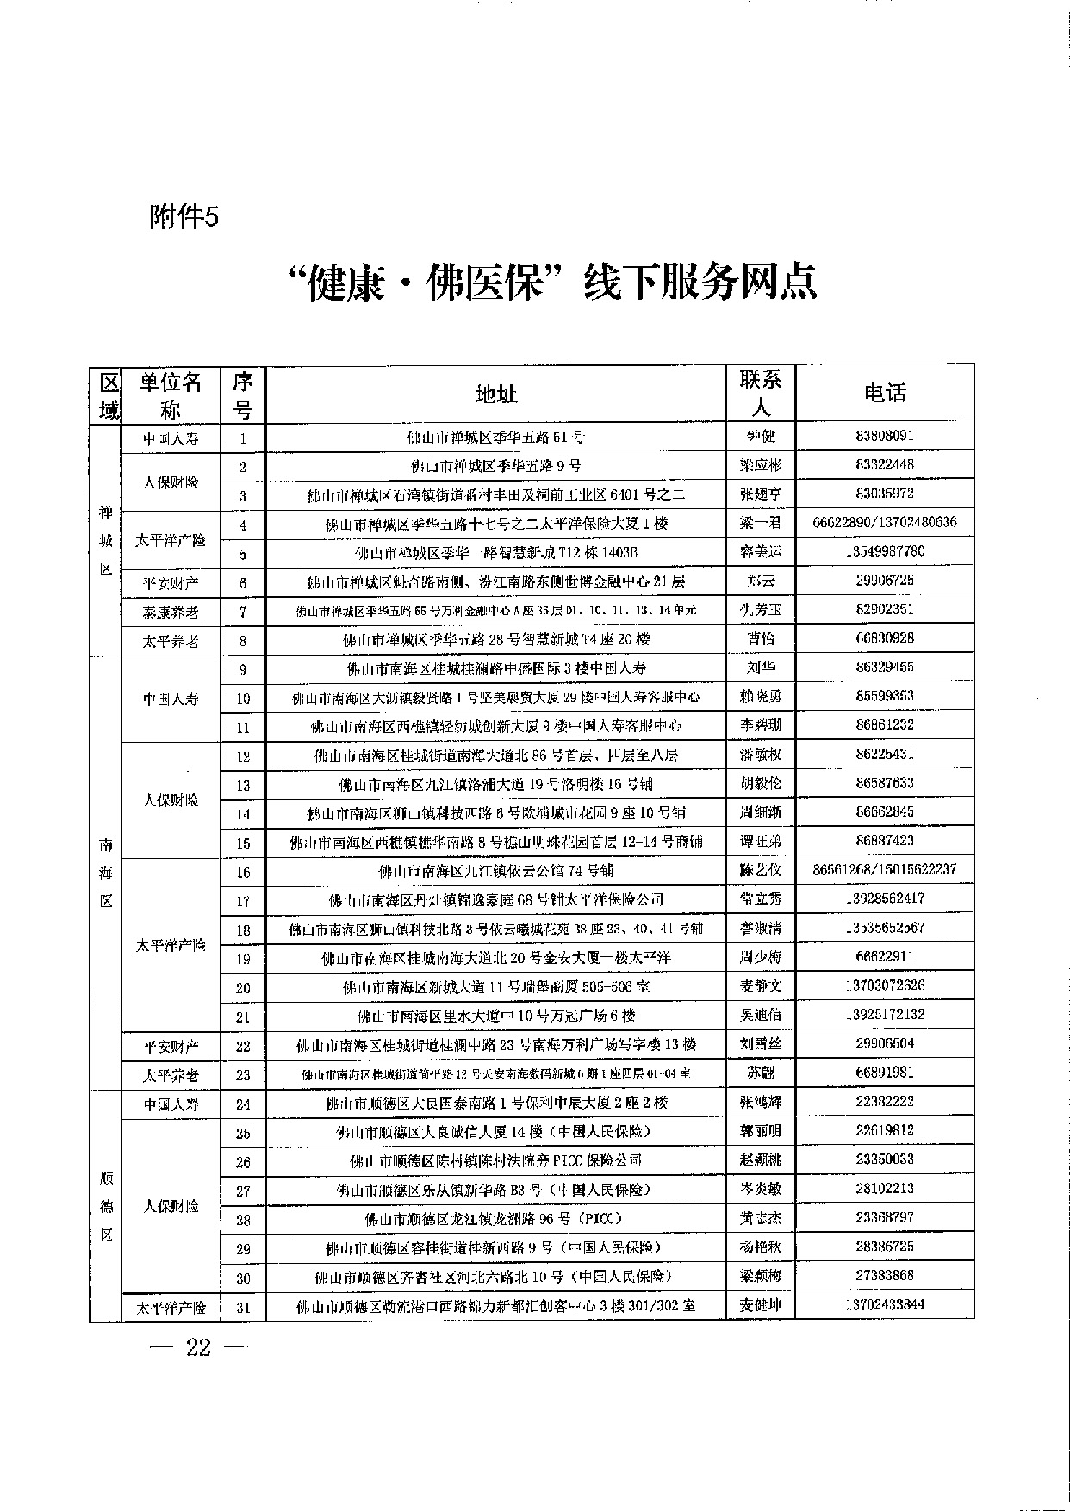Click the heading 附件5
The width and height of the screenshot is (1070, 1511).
[x=184, y=218]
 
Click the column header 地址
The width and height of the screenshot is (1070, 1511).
[x=496, y=395]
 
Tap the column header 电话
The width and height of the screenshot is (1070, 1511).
[x=885, y=394]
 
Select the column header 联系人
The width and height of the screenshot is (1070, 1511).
[x=761, y=394]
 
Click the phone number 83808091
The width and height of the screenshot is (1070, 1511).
[x=885, y=436]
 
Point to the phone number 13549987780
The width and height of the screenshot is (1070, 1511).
[x=885, y=551]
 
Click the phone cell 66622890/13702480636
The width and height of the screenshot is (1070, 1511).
[x=885, y=523]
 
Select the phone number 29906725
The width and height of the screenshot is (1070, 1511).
[x=885, y=581]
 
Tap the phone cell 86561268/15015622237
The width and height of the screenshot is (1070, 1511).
[x=885, y=870]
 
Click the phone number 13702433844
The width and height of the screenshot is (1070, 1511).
[x=885, y=1305]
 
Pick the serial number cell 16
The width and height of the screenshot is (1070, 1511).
[x=243, y=873]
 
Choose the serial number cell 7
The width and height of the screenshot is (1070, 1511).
[x=243, y=612]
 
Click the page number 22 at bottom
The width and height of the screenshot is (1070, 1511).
[x=198, y=1348]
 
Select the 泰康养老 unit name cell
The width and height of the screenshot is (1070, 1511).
[x=171, y=612]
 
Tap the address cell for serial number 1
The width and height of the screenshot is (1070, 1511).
[x=496, y=438]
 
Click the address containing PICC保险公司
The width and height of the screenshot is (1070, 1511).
[x=496, y=1161]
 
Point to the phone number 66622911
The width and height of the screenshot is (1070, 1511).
[x=885, y=957]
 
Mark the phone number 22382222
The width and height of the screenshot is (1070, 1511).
[x=885, y=1102]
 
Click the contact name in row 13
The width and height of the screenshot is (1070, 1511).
[x=761, y=784]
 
